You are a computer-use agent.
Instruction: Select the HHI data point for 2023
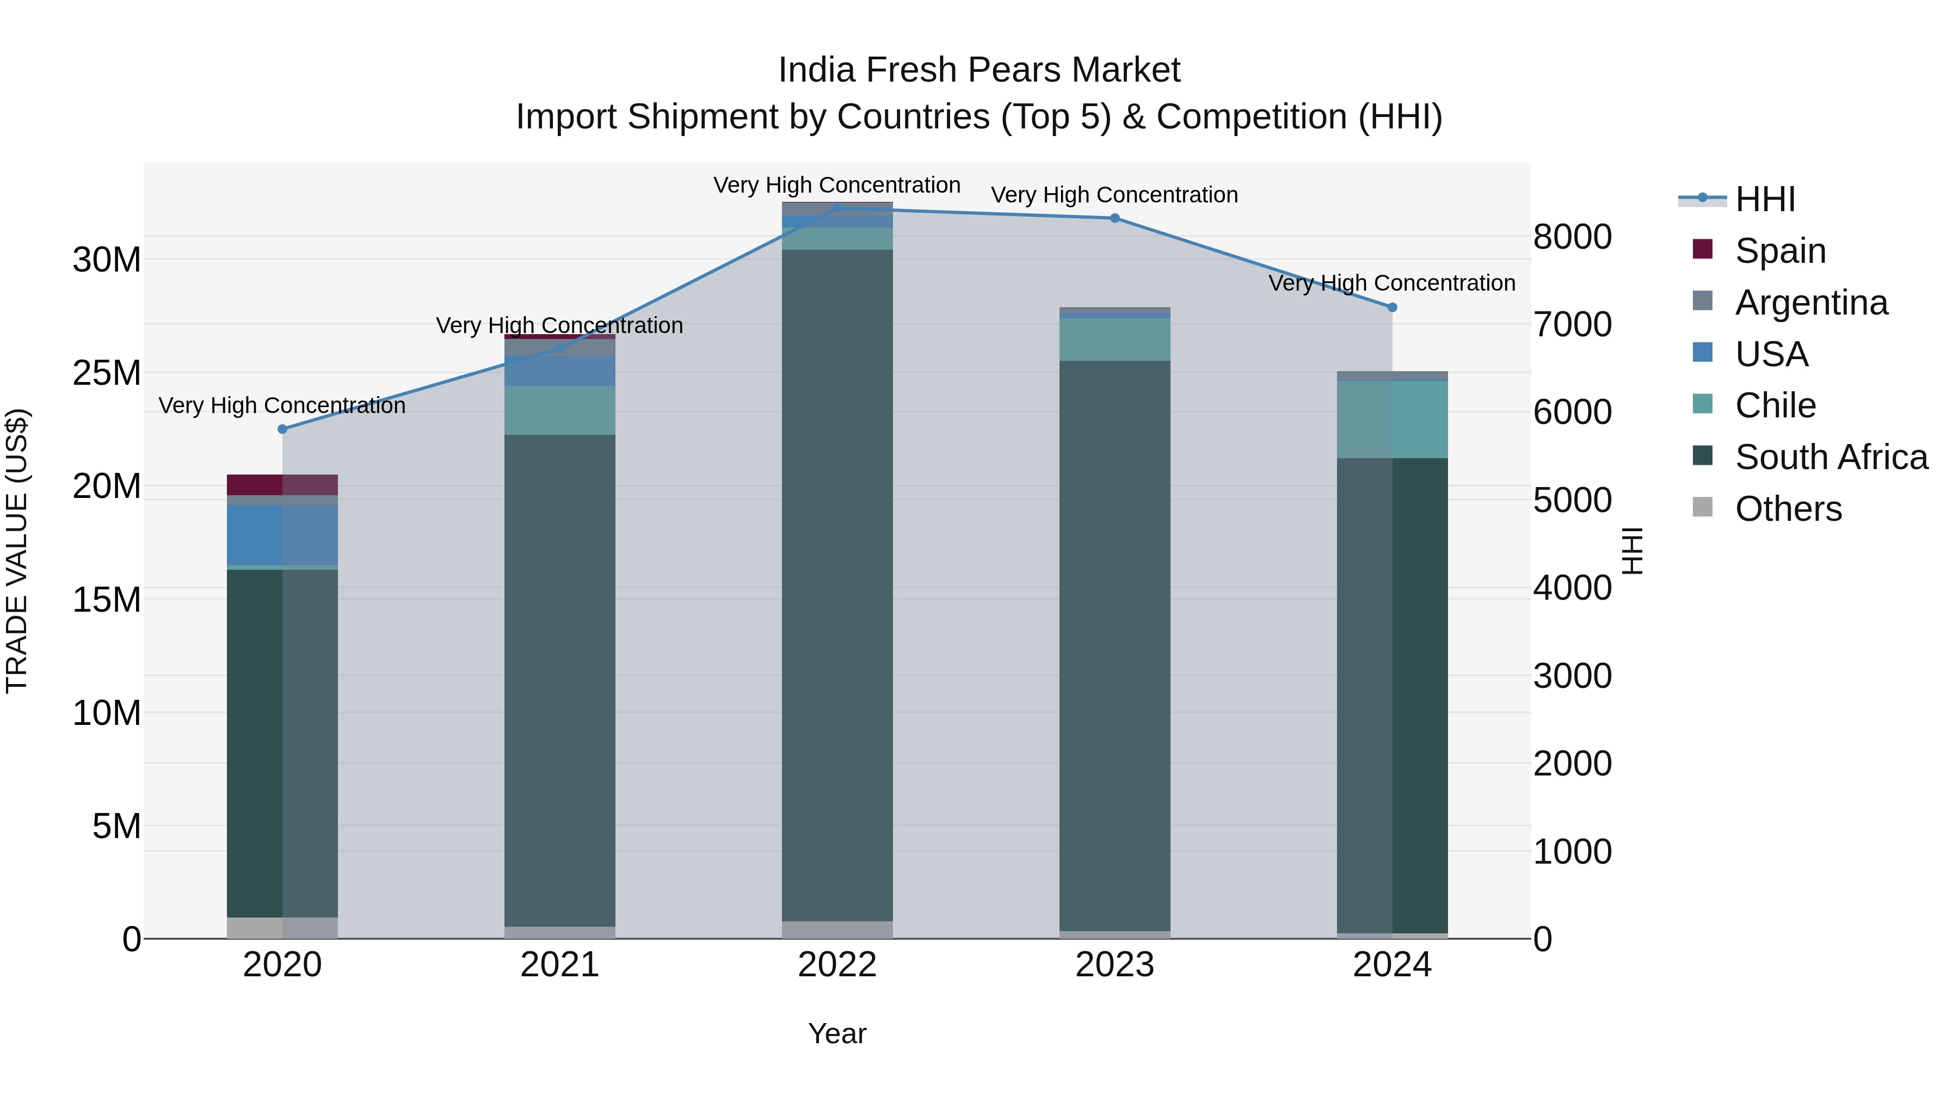[x=1115, y=218]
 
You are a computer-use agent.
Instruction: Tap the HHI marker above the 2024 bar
[x=1393, y=307]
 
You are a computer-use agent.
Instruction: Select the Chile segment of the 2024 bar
[x=1393, y=419]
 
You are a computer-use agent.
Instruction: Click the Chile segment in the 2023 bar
[x=1115, y=339]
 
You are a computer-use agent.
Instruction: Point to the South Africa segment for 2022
[x=837, y=586]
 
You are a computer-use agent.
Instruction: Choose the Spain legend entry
[x=1779, y=250]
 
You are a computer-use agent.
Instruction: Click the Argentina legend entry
[x=1810, y=302]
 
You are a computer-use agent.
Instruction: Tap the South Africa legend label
[x=1831, y=457]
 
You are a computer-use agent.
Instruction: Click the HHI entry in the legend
[x=1764, y=199]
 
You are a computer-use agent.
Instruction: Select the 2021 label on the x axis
[x=560, y=965]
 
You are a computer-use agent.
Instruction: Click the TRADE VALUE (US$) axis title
[x=17, y=551]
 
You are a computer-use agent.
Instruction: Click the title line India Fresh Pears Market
[x=979, y=70]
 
